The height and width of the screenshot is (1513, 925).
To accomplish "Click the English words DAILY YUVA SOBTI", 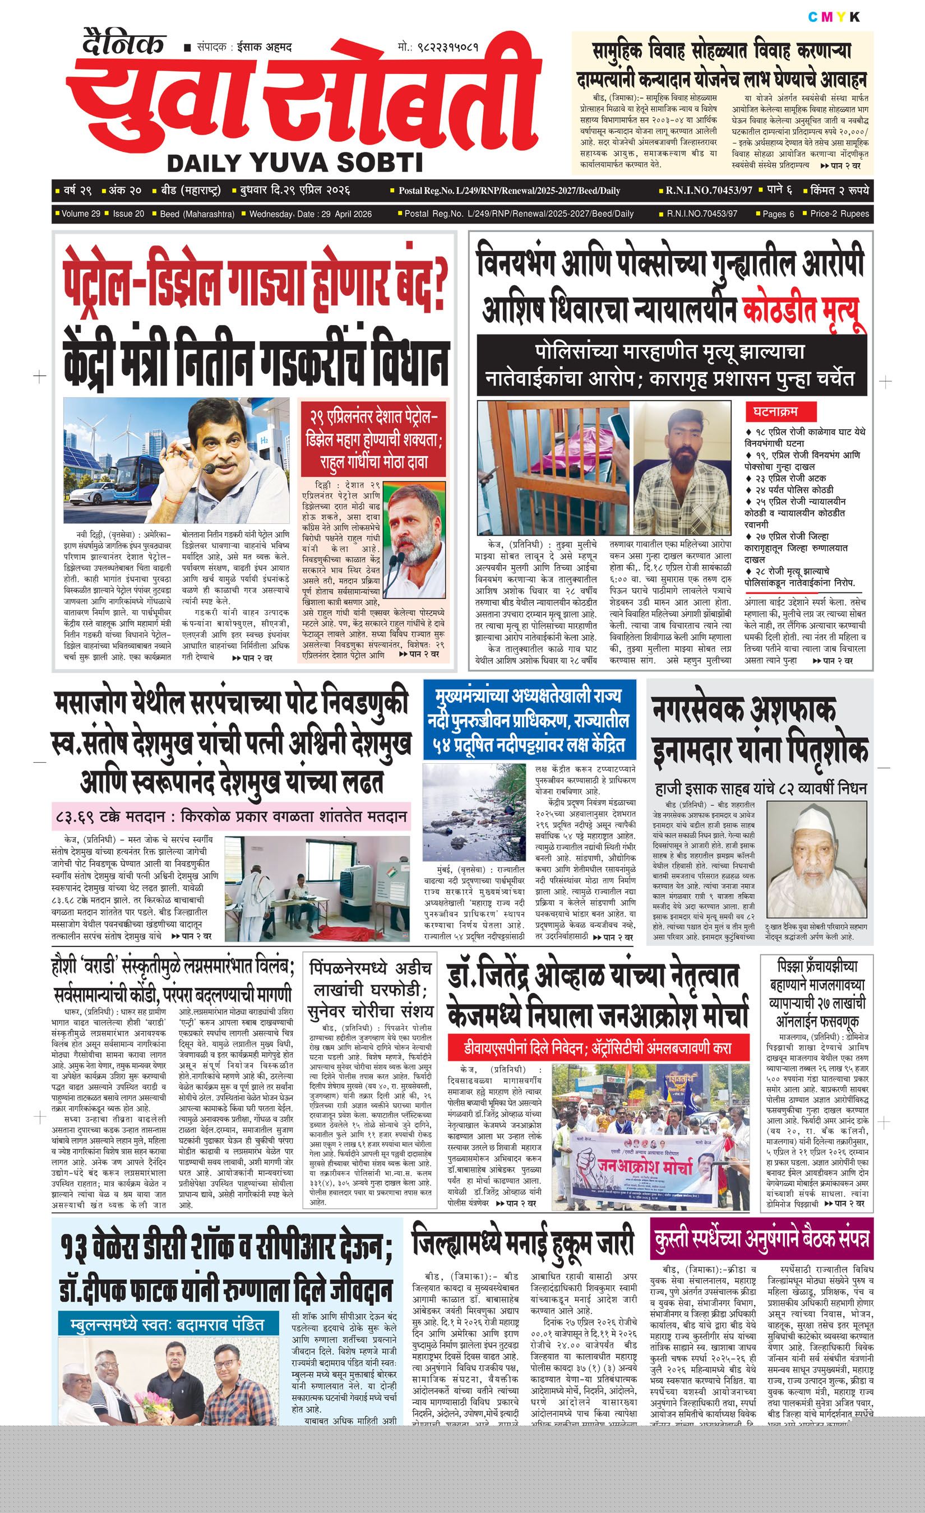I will [295, 163].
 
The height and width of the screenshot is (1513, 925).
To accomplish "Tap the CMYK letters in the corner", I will [834, 17].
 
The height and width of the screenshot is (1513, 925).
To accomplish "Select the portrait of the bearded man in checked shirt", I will [682, 467].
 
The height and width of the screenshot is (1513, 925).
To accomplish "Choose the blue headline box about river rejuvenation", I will [529, 720].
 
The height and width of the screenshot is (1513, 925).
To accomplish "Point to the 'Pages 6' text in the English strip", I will [778, 214].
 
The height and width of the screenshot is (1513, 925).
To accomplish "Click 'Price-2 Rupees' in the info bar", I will [839, 214].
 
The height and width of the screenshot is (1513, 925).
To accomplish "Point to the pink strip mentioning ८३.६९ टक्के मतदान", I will [230, 817].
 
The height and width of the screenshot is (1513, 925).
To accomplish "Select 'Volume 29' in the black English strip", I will [81, 214].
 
